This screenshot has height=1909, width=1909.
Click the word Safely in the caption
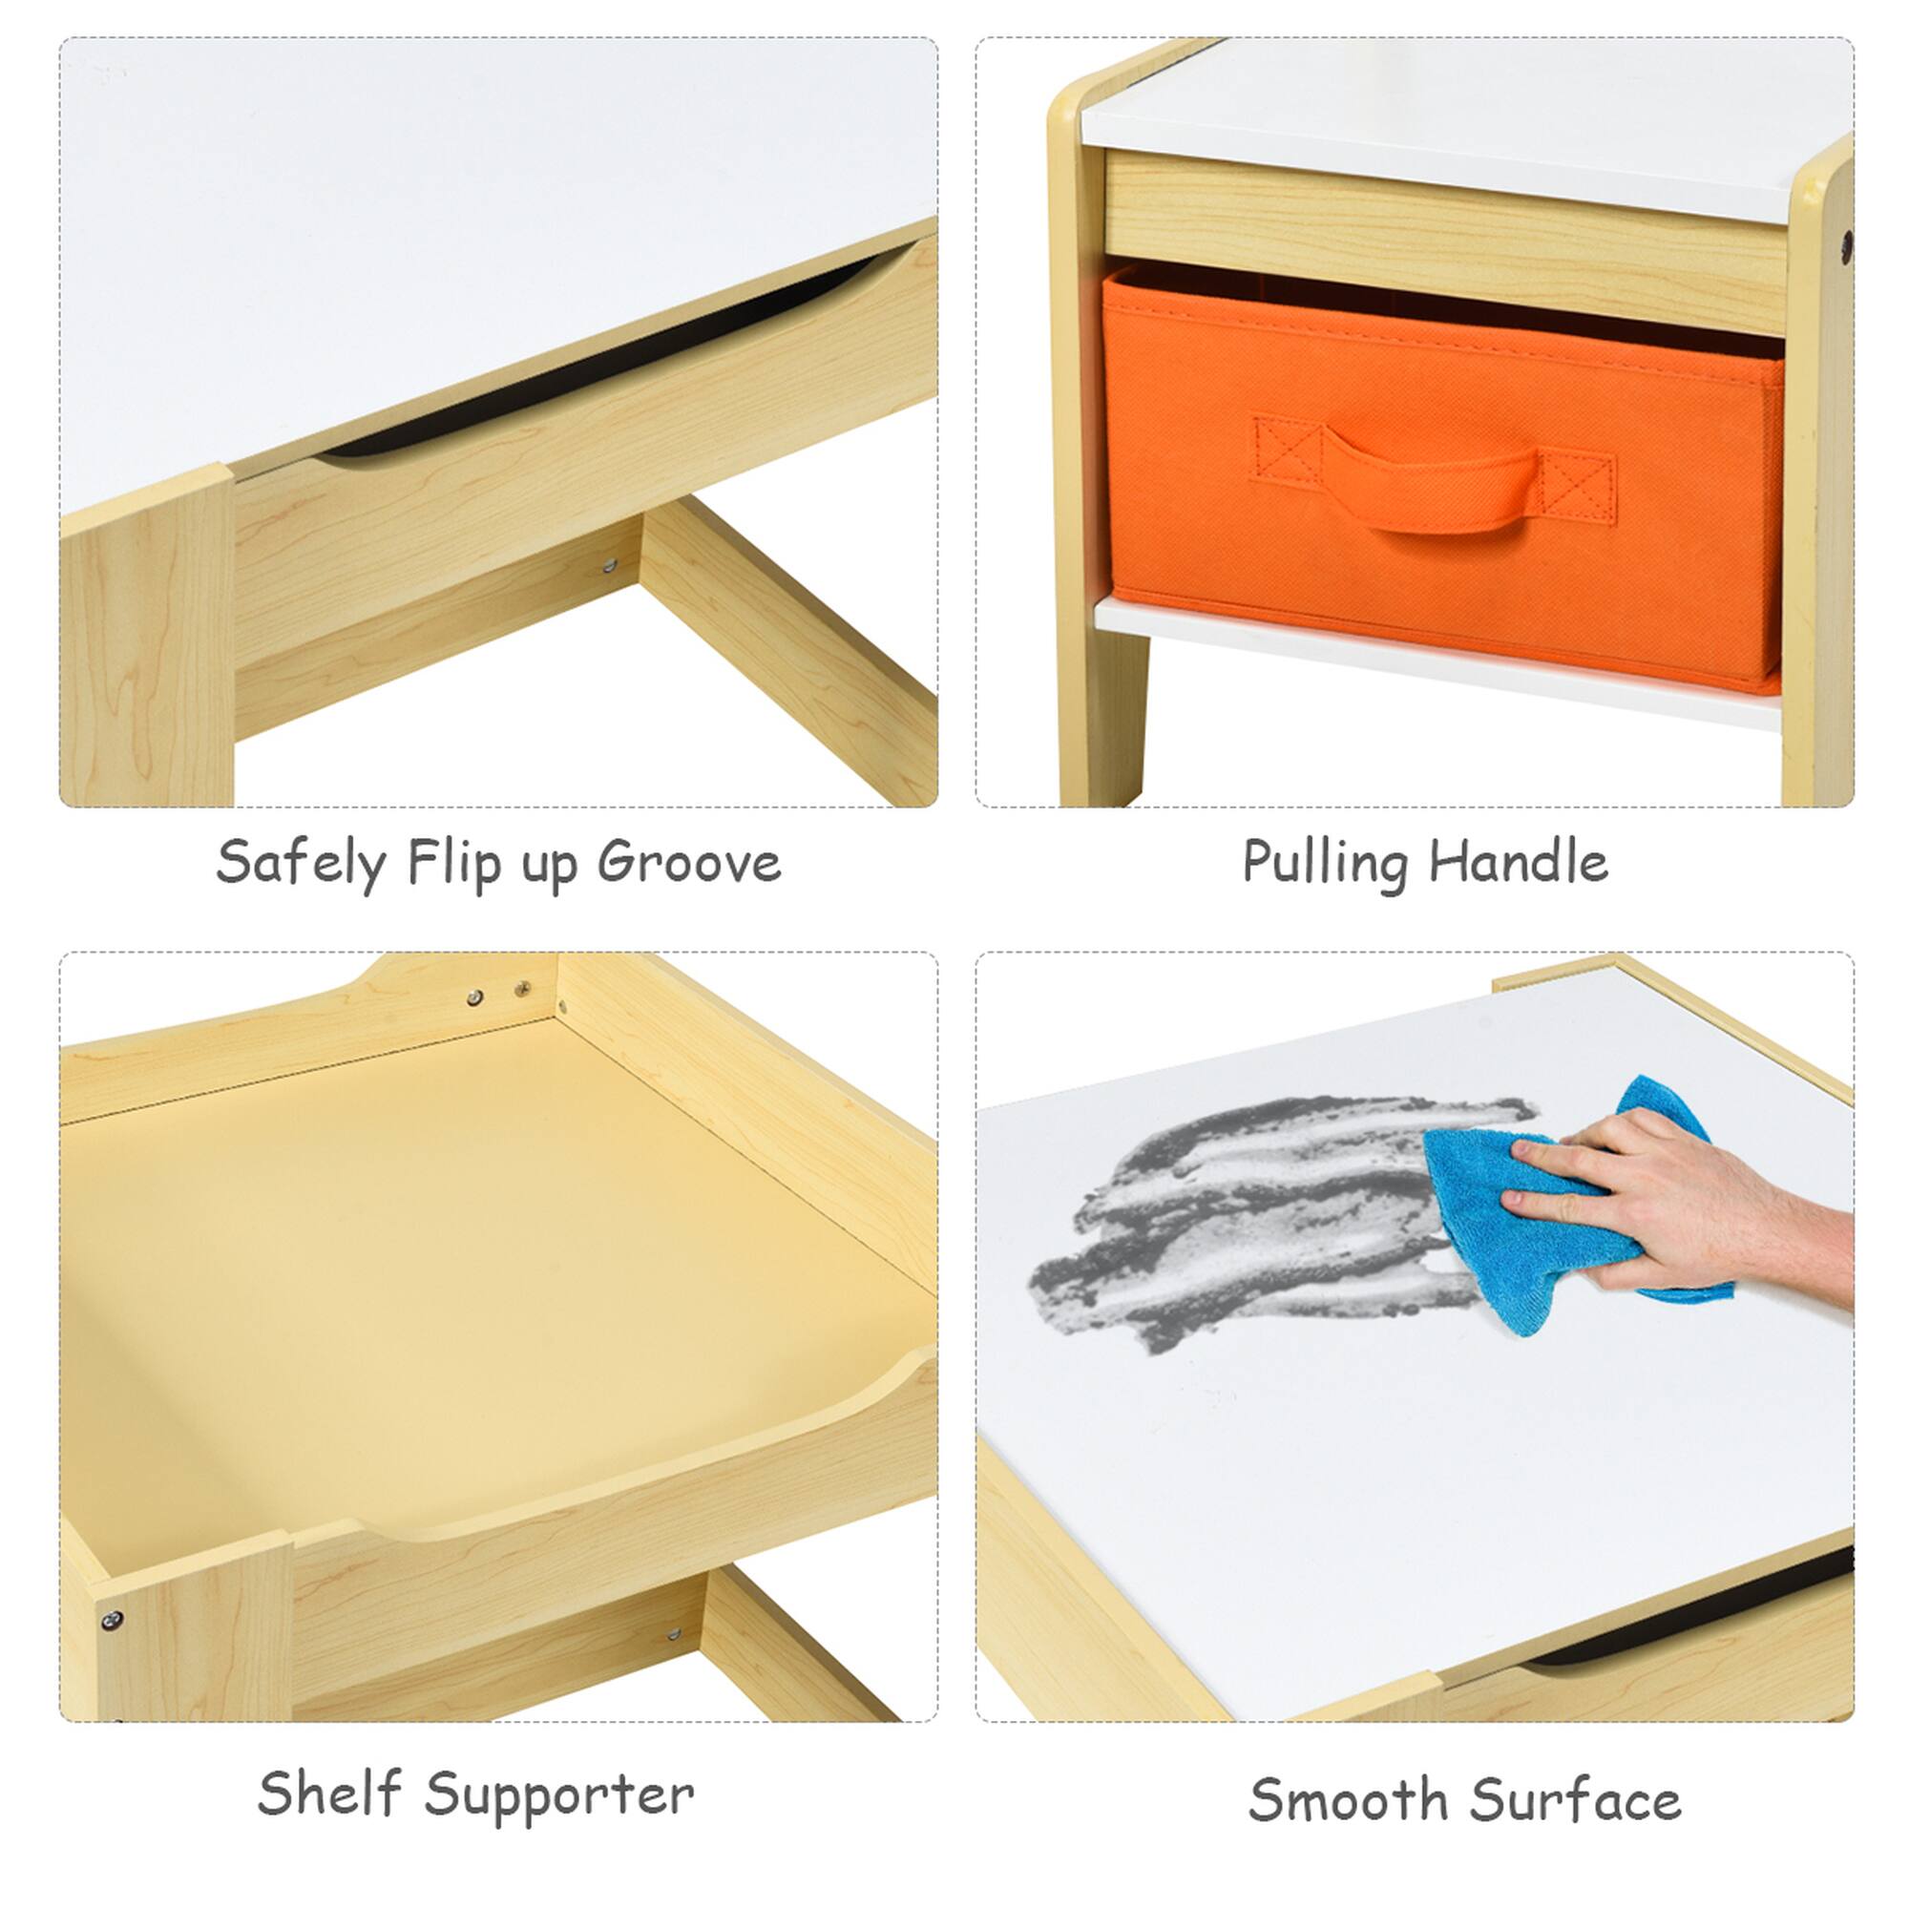[301, 864]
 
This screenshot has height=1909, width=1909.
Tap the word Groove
[689, 864]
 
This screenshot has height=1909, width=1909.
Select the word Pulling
[1324, 864]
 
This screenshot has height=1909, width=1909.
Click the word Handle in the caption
[1519, 862]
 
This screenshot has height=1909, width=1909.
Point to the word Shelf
[329, 1794]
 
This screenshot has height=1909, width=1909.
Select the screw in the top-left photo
[610, 566]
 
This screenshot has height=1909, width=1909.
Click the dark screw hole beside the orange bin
[1846, 247]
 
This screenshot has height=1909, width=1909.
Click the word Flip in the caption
[453, 864]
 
